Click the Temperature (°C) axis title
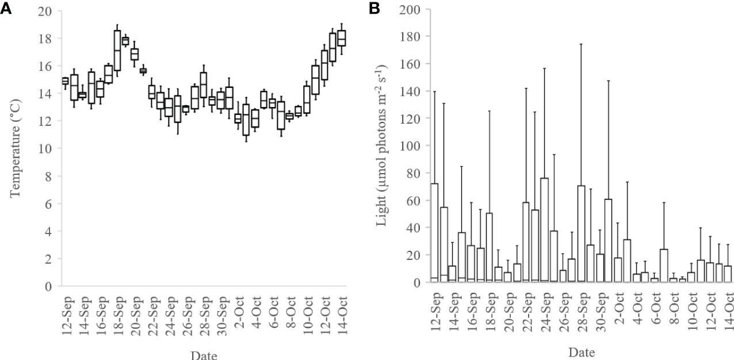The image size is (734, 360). [15, 147]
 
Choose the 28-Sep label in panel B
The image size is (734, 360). [582, 311]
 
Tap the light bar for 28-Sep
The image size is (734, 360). [582, 233]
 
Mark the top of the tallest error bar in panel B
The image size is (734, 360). [582, 44]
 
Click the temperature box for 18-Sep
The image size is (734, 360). [117, 51]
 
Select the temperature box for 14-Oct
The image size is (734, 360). [342, 38]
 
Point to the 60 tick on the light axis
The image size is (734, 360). [412, 200]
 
